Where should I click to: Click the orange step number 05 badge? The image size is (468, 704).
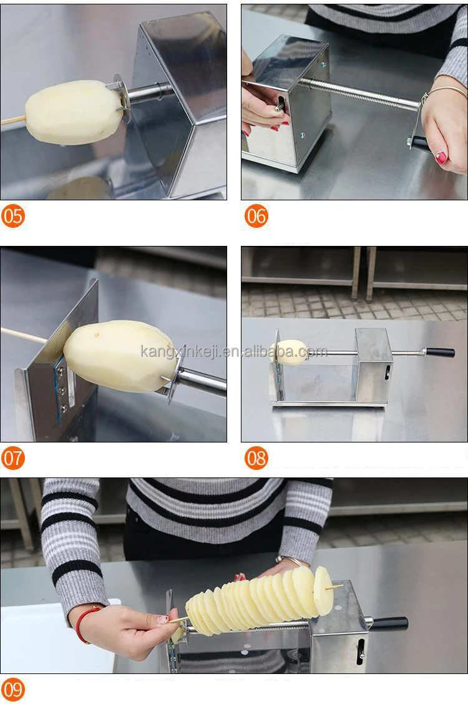click(x=12, y=216)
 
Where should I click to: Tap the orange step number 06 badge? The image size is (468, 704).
click(x=256, y=216)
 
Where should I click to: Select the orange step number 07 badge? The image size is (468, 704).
click(x=12, y=458)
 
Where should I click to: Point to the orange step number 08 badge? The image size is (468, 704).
click(x=256, y=458)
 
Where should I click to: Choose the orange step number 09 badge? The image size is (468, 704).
click(x=12, y=690)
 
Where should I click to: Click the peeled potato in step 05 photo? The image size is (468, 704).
click(x=74, y=112)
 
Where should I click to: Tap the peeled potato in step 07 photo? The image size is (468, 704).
click(x=120, y=356)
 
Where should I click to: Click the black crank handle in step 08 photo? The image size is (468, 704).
click(x=440, y=352)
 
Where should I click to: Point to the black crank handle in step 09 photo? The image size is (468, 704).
click(x=390, y=623)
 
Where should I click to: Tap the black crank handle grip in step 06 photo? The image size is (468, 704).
click(x=421, y=144)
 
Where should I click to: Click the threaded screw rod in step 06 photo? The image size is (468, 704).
click(x=359, y=94)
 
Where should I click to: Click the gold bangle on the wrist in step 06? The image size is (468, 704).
click(x=444, y=92)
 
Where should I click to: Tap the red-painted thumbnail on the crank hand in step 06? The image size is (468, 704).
click(x=441, y=158)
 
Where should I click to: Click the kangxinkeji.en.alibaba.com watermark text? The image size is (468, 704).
click(x=234, y=351)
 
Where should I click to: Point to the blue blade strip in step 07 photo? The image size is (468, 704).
click(x=59, y=388)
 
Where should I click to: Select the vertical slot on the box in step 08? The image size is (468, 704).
click(x=387, y=372)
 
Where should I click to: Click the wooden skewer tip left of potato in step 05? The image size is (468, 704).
click(x=2, y=122)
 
